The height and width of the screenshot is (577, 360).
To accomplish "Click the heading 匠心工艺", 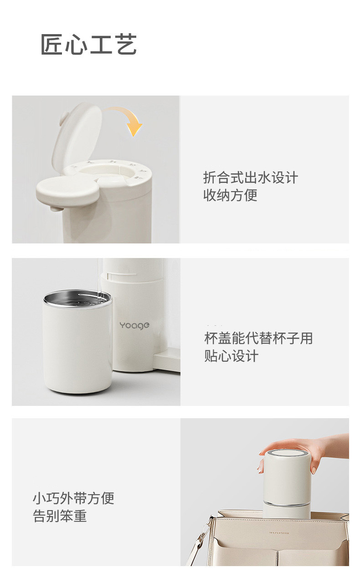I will (x=89, y=45).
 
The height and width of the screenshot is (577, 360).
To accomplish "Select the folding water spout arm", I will (x=68, y=190).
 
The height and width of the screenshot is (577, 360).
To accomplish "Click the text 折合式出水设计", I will (x=250, y=177).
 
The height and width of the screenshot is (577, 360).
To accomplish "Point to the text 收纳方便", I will (x=230, y=195).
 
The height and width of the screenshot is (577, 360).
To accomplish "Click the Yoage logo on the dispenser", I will (x=134, y=325).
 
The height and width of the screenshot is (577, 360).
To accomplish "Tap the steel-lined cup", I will (x=77, y=346).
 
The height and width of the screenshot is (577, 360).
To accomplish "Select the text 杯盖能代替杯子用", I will (x=258, y=338).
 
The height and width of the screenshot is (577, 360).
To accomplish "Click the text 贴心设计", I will (x=231, y=356).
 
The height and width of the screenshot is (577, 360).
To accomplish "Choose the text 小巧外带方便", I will (x=73, y=498).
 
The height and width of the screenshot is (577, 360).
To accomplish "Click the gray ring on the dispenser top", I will (x=287, y=453).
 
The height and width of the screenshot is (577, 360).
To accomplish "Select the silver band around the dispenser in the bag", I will (x=287, y=503).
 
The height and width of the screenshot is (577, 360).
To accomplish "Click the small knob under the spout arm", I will (x=55, y=209).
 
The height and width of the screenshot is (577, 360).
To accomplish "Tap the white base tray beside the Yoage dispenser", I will (x=167, y=362).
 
